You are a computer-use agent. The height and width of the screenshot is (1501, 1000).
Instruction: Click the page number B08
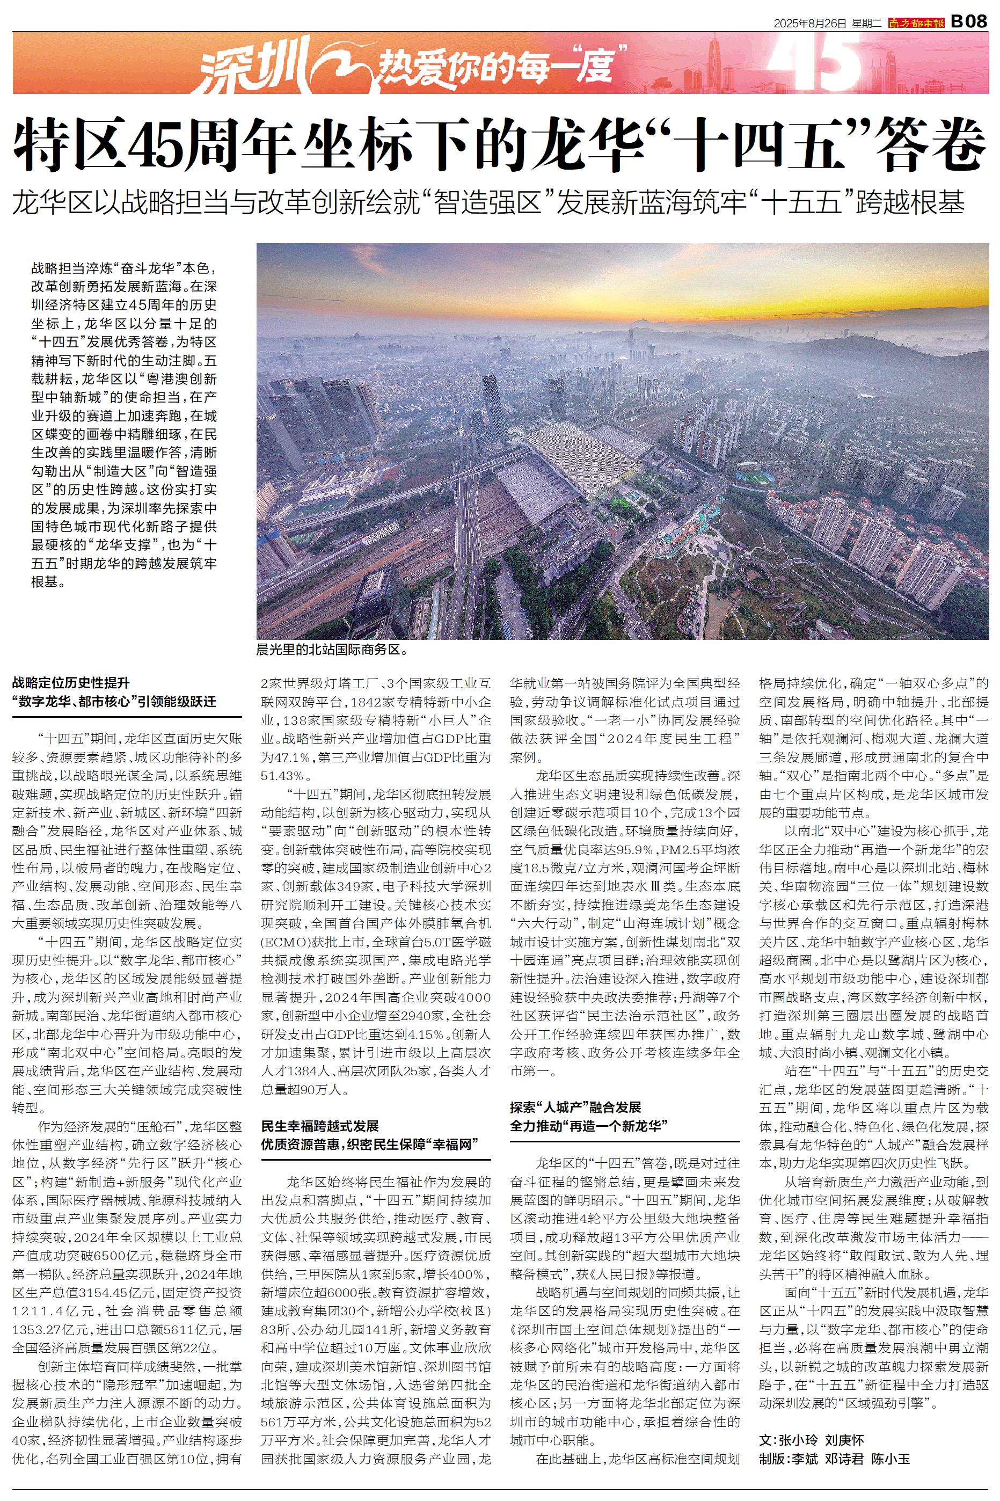pyautogui.click(x=969, y=23)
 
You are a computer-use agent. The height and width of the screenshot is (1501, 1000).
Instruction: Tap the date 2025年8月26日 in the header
pyautogui.click(x=810, y=24)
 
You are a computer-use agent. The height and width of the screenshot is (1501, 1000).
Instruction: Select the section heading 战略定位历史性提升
pyautogui.click(x=71, y=683)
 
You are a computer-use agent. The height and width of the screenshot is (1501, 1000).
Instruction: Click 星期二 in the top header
pyautogui.click(x=866, y=24)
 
